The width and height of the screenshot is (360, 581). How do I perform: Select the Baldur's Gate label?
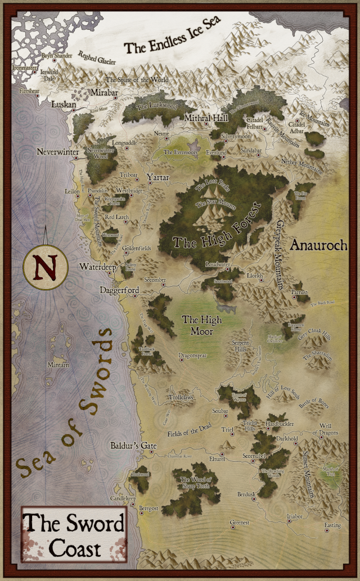[x=133, y=445]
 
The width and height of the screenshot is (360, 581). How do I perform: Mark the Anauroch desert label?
[x=318, y=246]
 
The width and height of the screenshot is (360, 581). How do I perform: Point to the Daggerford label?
[x=119, y=290]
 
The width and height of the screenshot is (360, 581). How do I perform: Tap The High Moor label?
[x=202, y=326]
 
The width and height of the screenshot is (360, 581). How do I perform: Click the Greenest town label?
[x=239, y=523]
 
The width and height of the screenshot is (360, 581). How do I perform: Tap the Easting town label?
[x=332, y=525]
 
